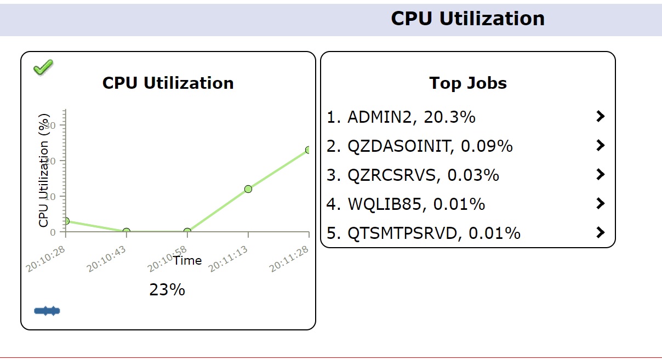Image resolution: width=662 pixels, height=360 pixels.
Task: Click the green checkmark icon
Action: (43, 67)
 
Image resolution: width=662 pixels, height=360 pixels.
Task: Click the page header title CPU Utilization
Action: (467, 19)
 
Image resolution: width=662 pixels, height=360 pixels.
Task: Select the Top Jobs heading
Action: (467, 83)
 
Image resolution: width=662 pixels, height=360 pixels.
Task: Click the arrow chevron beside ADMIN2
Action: (601, 116)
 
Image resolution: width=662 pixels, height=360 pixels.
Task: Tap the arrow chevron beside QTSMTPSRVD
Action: (601, 233)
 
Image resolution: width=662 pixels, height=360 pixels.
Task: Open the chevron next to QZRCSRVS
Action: (601, 175)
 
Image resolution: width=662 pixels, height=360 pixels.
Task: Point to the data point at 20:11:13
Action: (248, 189)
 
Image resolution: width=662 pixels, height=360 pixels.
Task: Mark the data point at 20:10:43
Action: (127, 232)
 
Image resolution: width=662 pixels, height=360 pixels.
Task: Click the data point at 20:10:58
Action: (187, 232)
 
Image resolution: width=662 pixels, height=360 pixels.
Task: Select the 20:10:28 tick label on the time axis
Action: (45, 259)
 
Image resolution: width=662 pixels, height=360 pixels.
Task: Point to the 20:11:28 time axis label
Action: (289, 259)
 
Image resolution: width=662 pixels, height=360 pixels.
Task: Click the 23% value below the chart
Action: (167, 290)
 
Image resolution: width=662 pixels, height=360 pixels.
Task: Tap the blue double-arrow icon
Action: (47, 311)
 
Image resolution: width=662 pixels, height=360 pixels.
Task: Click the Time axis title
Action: (187, 261)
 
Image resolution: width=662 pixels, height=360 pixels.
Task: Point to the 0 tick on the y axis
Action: (53, 232)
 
